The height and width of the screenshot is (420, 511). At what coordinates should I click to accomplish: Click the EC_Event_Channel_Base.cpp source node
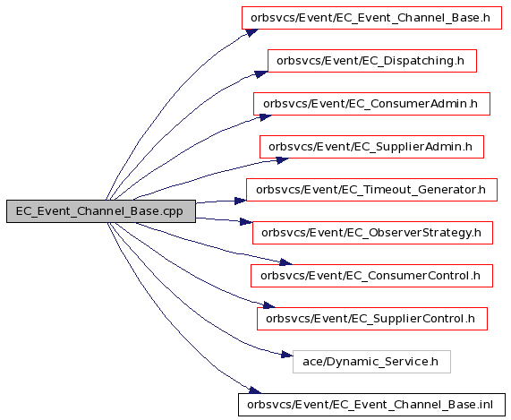pyautogui.click(x=101, y=211)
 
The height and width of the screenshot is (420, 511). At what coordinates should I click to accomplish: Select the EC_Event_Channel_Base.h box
pyautogui.click(x=371, y=18)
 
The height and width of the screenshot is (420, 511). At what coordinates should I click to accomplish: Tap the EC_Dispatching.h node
pyautogui.click(x=372, y=61)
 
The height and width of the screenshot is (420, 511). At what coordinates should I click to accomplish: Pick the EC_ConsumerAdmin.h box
pyautogui.click(x=371, y=104)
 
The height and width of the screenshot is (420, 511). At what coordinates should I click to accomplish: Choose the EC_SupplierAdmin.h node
pyautogui.click(x=371, y=147)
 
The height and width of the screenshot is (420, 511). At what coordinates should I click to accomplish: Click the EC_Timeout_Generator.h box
pyautogui.click(x=371, y=190)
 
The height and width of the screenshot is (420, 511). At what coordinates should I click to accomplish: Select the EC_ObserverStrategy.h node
pyautogui.click(x=372, y=233)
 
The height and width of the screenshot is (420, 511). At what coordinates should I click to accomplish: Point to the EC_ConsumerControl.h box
pyautogui.click(x=371, y=276)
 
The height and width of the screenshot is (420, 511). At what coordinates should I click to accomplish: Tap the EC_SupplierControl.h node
pyautogui.click(x=372, y=319)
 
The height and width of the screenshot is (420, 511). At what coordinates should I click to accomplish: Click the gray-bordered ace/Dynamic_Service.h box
pyautogui.click(x=371, y=362)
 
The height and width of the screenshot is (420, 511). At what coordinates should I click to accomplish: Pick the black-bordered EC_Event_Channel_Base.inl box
pyautogui.click(x=371, y=405)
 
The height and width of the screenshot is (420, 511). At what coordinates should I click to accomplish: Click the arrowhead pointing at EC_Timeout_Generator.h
pyautogui.click(x=241, y=201)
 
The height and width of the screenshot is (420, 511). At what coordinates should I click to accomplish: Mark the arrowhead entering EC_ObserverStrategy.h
pyautogui.click(x=246, y=222)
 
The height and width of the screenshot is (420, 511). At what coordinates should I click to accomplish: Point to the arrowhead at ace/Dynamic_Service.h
pyautogui.click(x=287, y=355)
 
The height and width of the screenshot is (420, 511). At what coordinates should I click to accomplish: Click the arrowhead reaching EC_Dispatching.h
pyautogui.click(x=261, y=74)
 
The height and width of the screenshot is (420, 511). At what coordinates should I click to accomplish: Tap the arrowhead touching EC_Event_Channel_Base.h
pyautogui.click(x=251, y=32)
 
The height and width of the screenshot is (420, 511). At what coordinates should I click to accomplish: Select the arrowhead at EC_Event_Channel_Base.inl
pyautogui.click(x=255, y=390)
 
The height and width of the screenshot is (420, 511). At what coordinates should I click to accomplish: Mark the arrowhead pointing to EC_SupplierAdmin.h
pyautogui.click(x=283, y=160)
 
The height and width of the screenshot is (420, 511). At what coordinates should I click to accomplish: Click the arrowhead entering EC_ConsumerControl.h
pyautogui.click(x=286, y=262)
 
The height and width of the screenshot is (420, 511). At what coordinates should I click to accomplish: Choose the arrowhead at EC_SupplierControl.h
pyautogui.click(x=269, y=305)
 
